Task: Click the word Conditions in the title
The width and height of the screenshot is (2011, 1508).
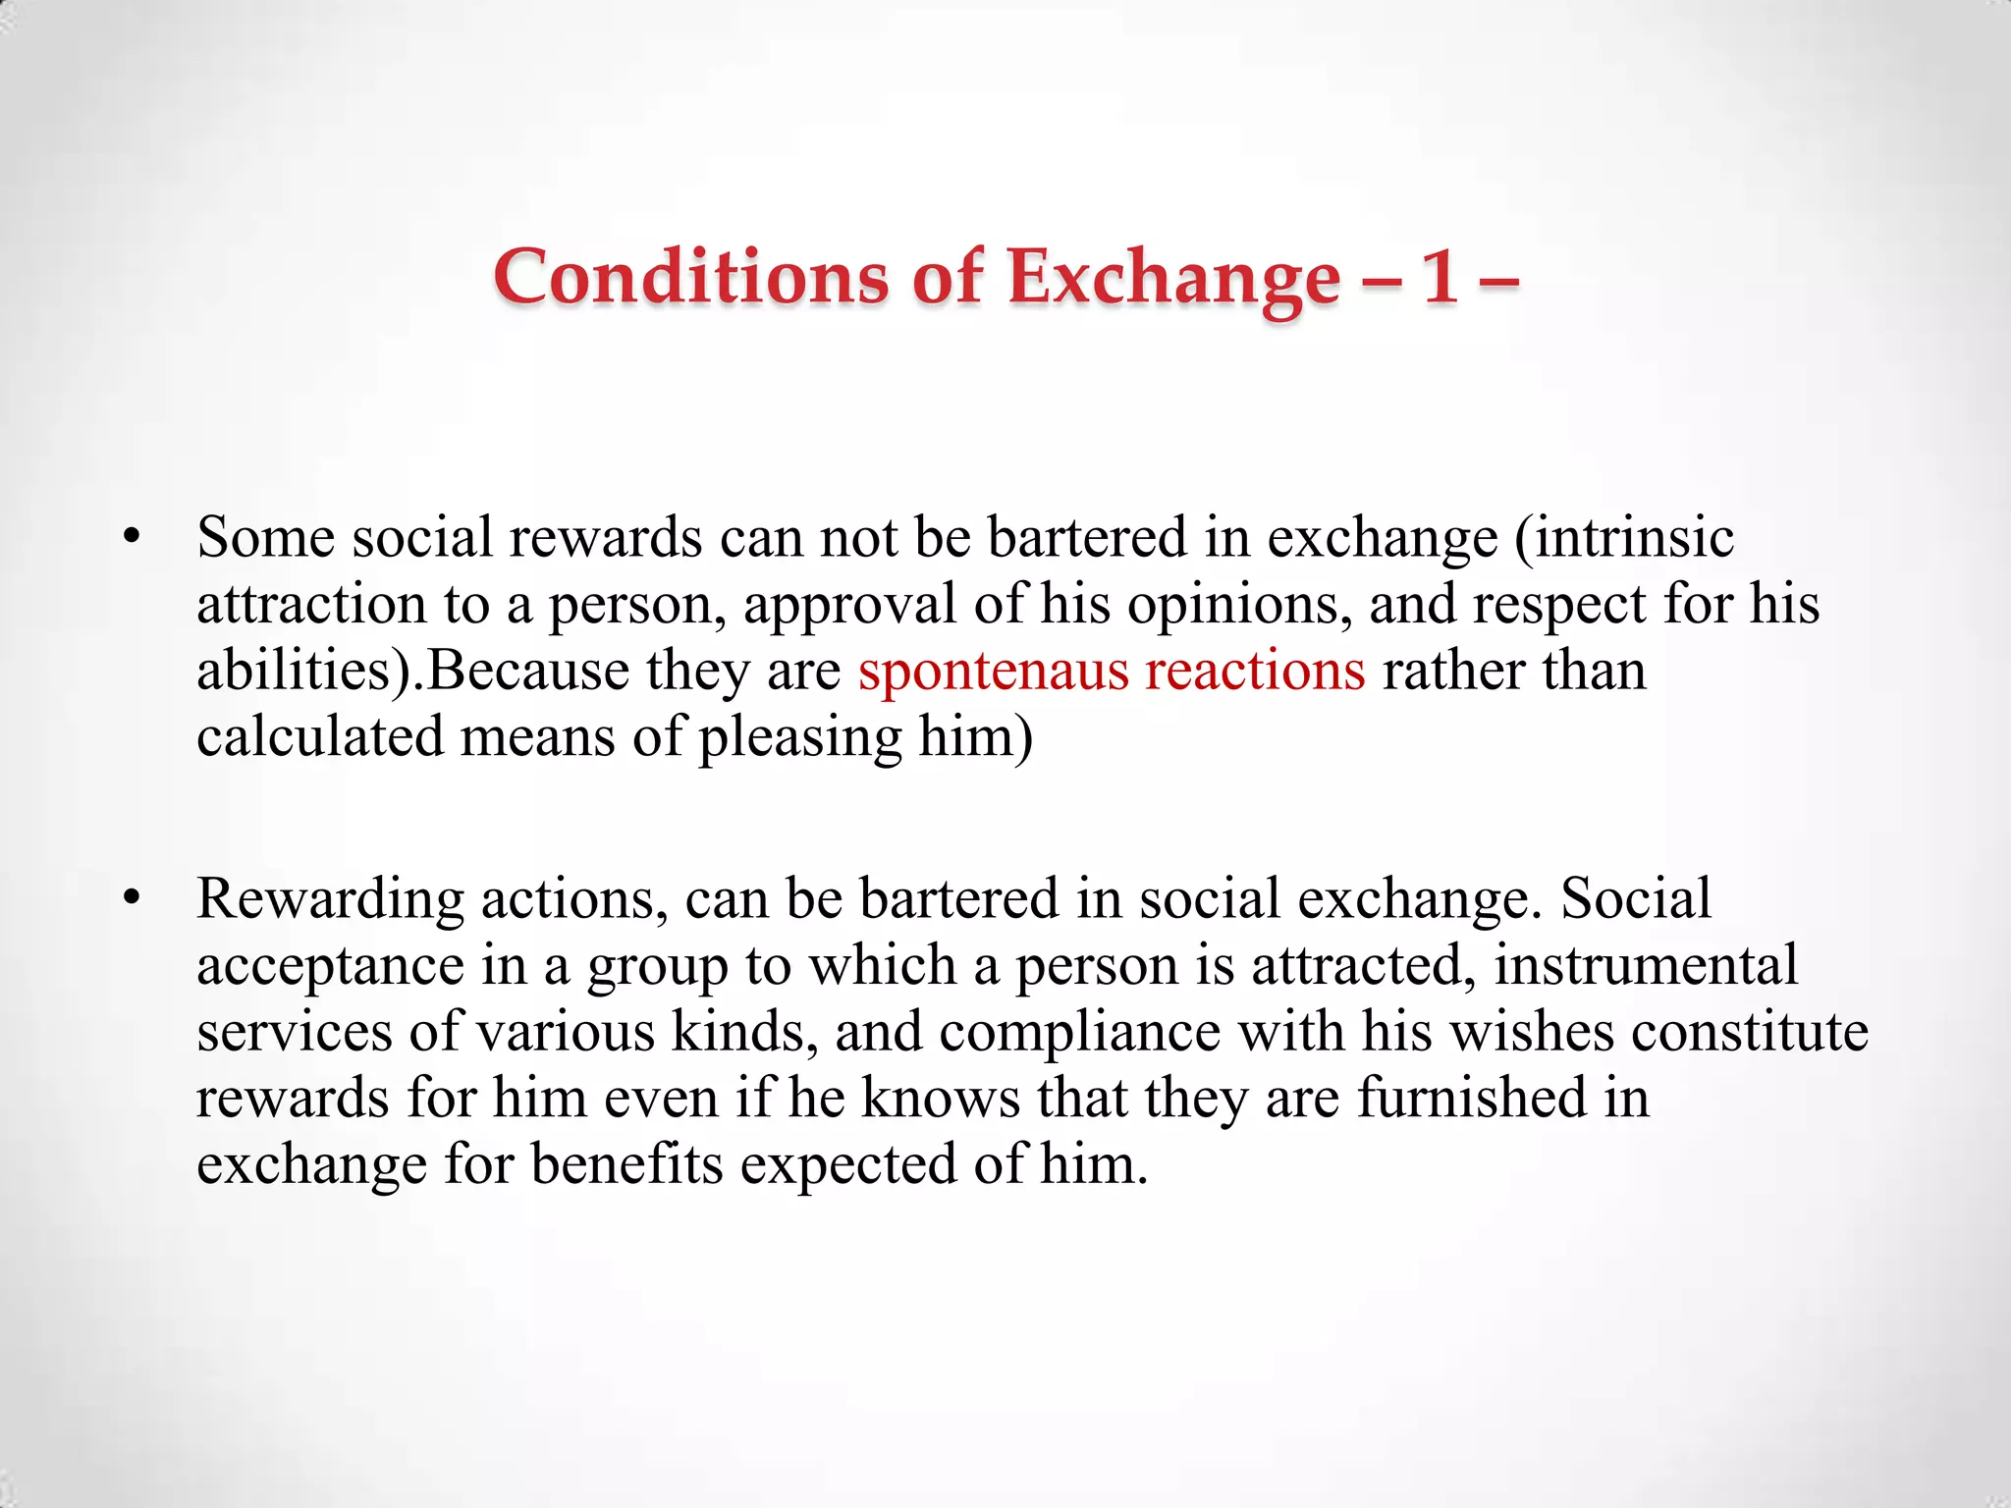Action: [x=690, y=277]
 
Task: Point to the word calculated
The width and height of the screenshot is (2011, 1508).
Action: [x=319, y=736]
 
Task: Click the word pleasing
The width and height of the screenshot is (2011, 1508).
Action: [x=799, y=738]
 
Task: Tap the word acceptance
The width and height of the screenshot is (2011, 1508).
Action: [x=330, y=966]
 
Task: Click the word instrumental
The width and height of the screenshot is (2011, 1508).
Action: [x=1646, y=965]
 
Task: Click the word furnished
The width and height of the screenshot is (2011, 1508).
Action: [x=1471, y=1098]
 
